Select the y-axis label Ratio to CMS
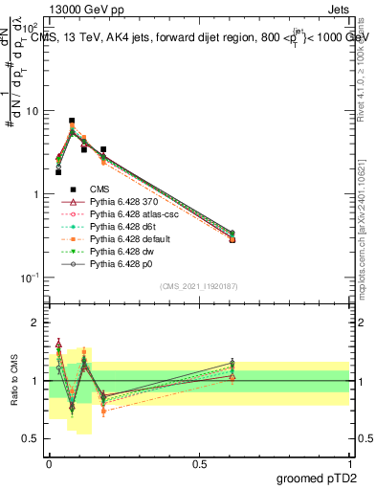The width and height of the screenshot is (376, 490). coord(15,379)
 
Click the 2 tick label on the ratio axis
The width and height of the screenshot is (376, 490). coord(34,323)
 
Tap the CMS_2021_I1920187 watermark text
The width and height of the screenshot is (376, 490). coord(199,287)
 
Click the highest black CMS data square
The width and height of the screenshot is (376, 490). coord(72,122)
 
